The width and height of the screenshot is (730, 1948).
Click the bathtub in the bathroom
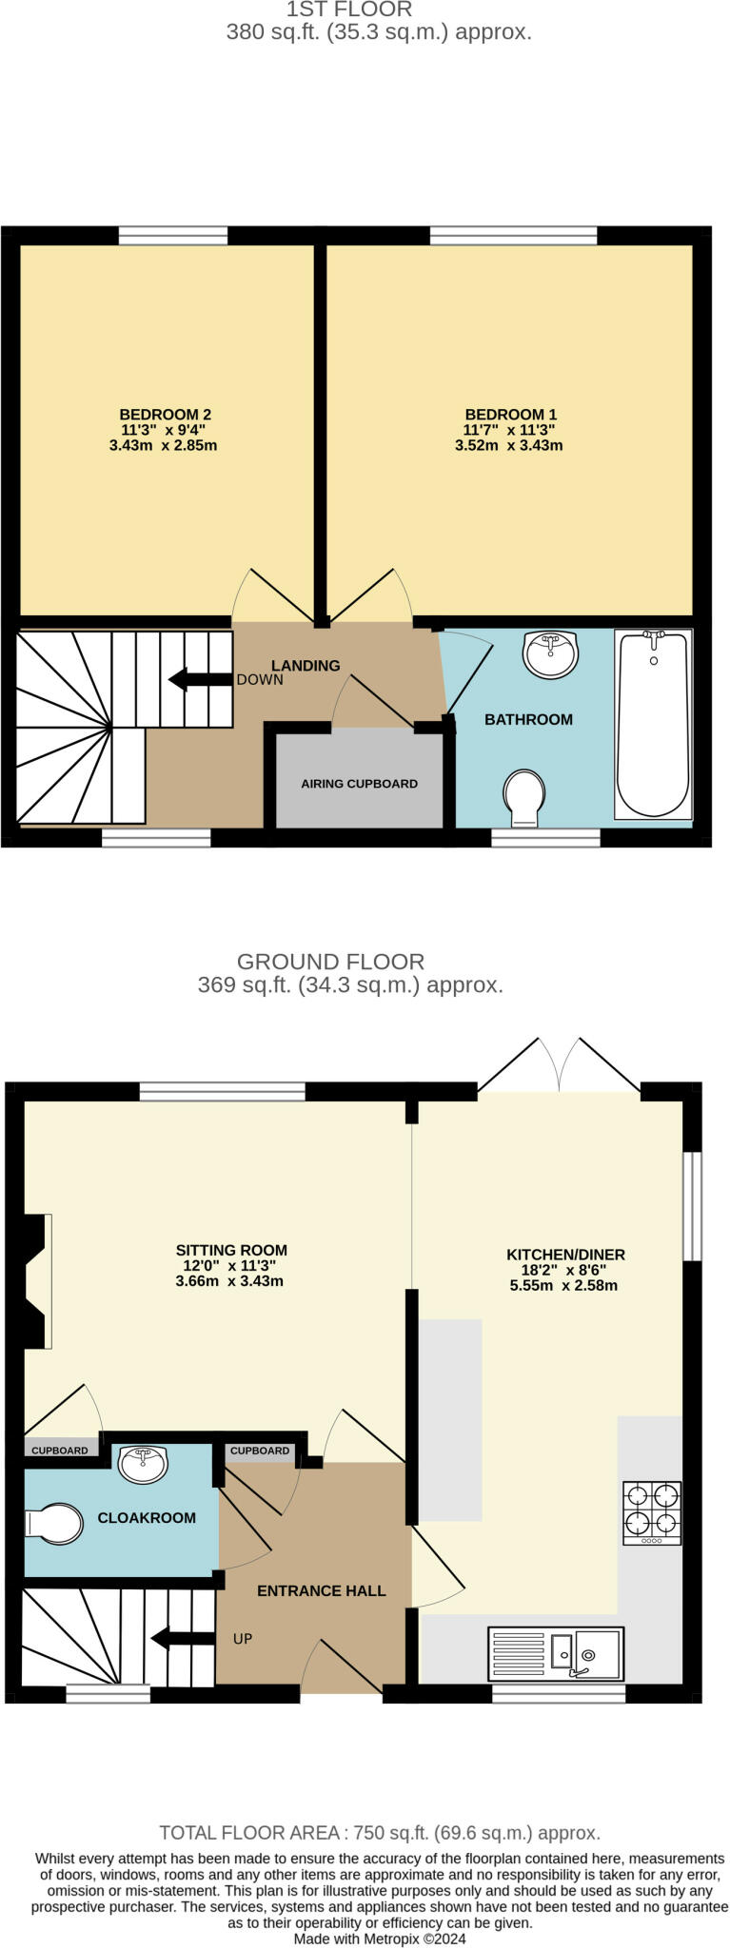(x=653, y=724)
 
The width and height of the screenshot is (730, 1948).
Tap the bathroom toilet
(x=524, y=797)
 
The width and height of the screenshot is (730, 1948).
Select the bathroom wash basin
(x=550, y=653)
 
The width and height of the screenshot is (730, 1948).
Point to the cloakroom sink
(x=144, y=1464)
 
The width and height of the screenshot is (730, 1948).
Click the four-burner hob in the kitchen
(x=652, y=1512)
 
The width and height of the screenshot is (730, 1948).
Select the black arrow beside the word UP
(x=184, y=1638)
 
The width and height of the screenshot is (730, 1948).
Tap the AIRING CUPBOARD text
(x=359, y=784)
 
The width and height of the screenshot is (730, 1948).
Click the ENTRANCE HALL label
(x=322, y=1590)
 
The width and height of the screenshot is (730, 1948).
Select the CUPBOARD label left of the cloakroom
(x=60, y=1451)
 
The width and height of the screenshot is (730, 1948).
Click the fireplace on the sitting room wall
(x=36, y=1280)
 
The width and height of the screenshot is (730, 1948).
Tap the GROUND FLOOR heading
(x=331, y=962)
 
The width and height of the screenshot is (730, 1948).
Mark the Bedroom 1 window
(x=513, y=235)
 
